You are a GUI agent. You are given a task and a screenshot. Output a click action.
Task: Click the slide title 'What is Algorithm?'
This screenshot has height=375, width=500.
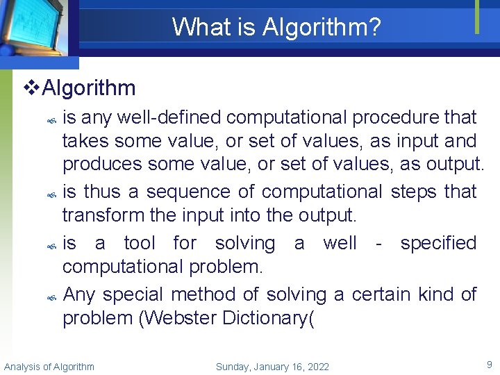(x=276, y=27)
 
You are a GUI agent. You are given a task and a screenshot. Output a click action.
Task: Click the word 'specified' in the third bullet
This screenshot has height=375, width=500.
(x=438, y=243)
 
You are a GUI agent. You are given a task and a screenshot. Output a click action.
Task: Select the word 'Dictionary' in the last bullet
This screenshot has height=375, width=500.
(x=267, y=318)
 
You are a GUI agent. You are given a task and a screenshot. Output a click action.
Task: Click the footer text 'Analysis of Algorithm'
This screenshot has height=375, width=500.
(x=49, y=367)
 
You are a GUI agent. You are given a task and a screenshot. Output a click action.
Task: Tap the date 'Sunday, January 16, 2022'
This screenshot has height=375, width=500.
(x=272, y=367)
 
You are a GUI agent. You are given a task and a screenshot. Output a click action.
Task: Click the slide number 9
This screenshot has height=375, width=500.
(x=489, y=364)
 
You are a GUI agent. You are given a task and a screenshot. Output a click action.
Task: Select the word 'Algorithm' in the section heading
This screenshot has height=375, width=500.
(x=89, y=88)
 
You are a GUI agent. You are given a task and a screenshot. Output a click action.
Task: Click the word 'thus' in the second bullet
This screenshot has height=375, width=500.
(x=105, y=192)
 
